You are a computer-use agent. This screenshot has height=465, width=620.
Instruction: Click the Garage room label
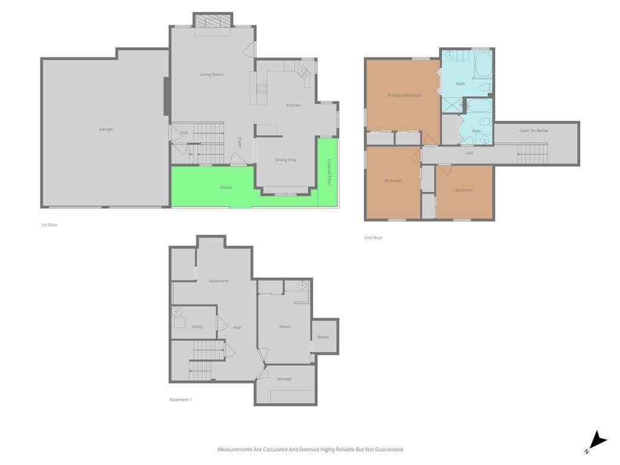[106, 130]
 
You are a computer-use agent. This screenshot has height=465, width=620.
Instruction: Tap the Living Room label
[211, 74]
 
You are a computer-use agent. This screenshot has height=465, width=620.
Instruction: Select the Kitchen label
[294, 105]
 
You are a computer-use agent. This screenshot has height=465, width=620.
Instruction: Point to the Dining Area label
[286, 160]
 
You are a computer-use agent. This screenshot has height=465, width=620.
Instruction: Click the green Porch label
[226, 188]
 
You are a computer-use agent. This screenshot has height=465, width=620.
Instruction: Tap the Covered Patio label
[329, 173]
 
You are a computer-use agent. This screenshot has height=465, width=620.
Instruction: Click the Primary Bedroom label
[404, 95]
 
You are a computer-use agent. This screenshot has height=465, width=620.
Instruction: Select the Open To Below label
[534, 131]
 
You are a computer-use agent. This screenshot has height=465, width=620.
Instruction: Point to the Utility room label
[197, 326]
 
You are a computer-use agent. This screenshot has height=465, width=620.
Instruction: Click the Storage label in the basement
[285, 379]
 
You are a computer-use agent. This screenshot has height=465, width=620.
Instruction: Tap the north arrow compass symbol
[597, 441]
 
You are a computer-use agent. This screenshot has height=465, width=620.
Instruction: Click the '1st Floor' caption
[49, 225]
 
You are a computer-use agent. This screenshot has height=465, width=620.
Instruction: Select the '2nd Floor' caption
[373, 237]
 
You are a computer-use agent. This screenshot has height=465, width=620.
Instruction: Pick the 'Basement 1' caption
[180, 400]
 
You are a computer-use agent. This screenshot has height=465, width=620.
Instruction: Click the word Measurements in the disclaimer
[235, 450]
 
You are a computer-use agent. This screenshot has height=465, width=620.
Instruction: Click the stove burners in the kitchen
[262, 89]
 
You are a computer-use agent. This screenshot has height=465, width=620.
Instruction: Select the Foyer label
[239, 142]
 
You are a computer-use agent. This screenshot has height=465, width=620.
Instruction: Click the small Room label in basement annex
[323, 337]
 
